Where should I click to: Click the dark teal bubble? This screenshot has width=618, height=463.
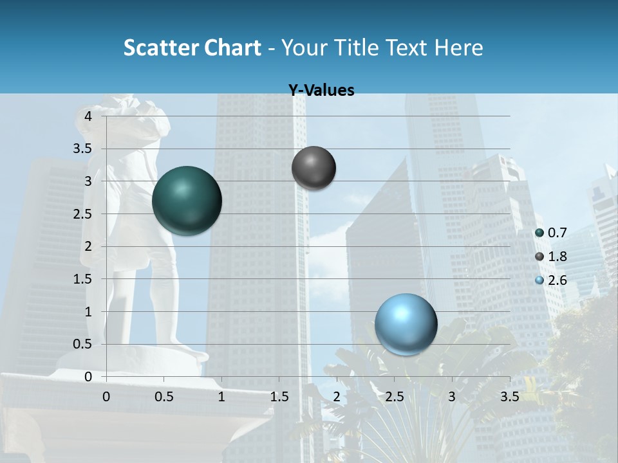click(187, 201)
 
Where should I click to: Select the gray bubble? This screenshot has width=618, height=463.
click(314, 168)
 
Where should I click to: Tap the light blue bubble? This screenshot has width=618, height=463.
click(406, 324)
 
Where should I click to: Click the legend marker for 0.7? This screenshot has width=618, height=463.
click(539, 233)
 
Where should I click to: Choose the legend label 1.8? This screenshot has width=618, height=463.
click(557, 257)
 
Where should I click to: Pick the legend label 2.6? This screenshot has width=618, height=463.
click(557, 280)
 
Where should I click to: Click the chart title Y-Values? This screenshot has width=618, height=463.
click(321, 91)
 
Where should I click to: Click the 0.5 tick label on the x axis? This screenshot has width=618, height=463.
click(164, 396)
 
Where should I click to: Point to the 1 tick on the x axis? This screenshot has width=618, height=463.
click(221, 396)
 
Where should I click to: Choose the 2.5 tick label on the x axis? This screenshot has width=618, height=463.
click(394, 396)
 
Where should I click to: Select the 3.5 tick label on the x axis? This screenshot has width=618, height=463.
click(509, 396)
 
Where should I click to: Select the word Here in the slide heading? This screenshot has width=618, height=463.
click(458, 48)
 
